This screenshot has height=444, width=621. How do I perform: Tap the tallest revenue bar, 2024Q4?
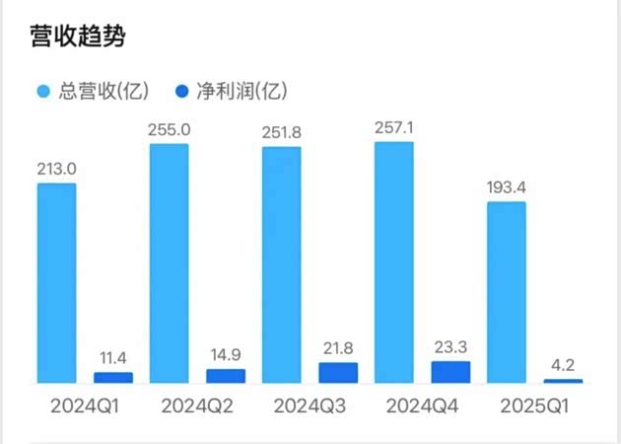point(394,261)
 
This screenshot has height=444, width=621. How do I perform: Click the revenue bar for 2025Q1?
point(506,292)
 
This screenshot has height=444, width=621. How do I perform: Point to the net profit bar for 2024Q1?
point(112,377)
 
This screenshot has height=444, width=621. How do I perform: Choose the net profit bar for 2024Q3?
point(338,372)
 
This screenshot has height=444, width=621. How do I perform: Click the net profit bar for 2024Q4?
point(450,371)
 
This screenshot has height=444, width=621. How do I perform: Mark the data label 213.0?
point(56,169)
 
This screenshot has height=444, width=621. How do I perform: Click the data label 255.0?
point(169,129)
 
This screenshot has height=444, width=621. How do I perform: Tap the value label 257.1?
point(394,127)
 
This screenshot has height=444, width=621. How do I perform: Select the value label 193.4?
point(506,187)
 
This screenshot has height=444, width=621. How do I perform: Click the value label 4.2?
point(563,364)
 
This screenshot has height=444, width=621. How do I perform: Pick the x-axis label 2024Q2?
point(195,406)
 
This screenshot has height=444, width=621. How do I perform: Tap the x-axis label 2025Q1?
point(533,406)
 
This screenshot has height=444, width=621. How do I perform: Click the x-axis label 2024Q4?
point(421,406)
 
